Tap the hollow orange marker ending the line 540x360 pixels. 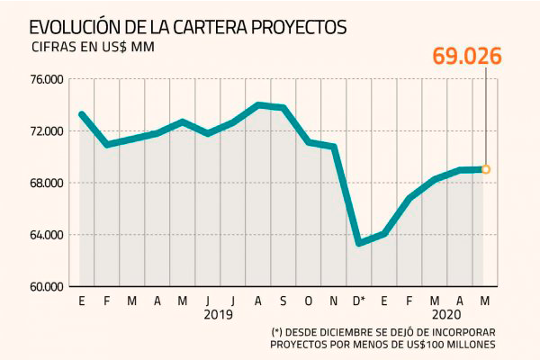pyautogui.click(x=486, y=169)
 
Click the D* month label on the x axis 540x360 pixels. pyautogui.click(x=358, y=300)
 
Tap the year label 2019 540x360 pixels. pyautogui.click(x=219, y=315)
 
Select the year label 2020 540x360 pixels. pyautogui.click(x=446, y=315)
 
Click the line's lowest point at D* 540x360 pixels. pyautogui.click(x=359, y=243)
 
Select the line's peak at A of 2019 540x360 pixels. pyautogui.click(x=258, y=104)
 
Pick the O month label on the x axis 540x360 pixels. pyautogui.click(x=309, y=300)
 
